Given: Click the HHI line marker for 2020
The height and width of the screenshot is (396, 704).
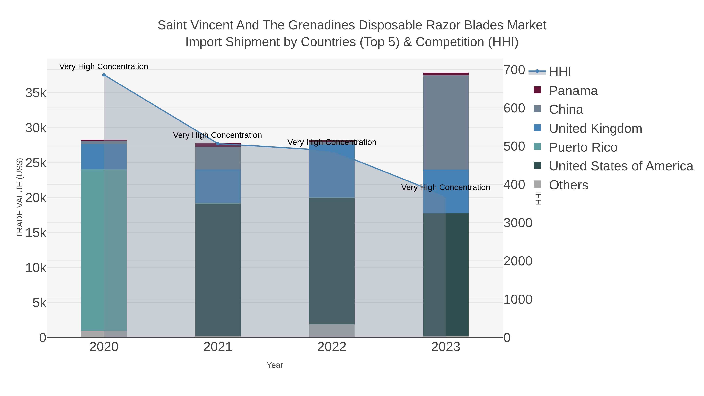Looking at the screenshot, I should point(104,75).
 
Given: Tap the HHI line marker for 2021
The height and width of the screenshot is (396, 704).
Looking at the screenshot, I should point(218,144).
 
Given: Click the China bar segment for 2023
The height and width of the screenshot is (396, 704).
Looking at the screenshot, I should point(445,122).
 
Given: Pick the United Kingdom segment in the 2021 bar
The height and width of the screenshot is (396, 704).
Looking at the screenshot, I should point(218,186).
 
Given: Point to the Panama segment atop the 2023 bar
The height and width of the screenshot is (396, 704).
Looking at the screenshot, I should point(445,74).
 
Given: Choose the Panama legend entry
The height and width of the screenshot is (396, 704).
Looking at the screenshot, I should point(573,91).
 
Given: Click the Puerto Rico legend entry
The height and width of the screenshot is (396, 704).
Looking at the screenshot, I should point(583,147).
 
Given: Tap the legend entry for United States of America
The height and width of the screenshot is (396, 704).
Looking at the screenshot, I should point(621,166).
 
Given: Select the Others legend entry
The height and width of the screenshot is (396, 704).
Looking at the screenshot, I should point(568,185).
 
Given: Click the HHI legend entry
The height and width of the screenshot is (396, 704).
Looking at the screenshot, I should point(560,72).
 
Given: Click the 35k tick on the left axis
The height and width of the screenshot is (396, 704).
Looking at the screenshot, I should point(36,93).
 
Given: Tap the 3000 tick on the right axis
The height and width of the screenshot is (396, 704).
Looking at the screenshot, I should point(518,223).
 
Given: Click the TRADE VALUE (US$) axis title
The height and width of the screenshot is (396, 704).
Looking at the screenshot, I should point(20,198).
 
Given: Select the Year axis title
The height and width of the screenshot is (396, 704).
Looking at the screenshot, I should point(275,365).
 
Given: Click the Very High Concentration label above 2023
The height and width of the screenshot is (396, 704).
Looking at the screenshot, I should point(445,188).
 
